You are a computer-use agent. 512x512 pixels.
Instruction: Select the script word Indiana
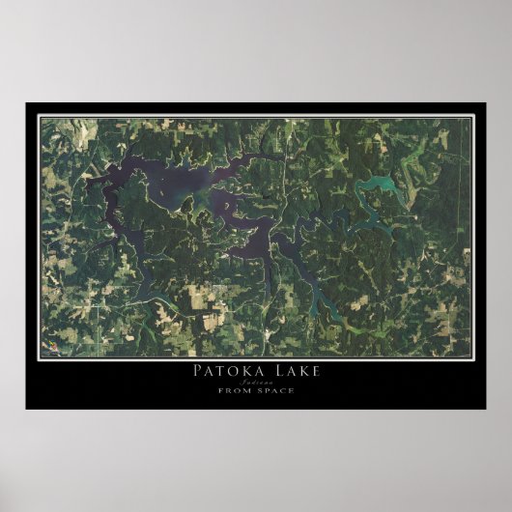click(x=256, y=383)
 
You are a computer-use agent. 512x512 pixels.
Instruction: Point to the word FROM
click(x=235, y=390)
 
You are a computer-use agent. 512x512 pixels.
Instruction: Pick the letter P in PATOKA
click(x=198, y=372)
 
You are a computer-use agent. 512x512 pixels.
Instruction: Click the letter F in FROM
click(x=222, y=390)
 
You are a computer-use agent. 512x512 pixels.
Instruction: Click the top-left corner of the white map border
click(x=39, y=117)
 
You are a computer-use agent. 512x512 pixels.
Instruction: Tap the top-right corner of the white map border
click(x=472, y=117)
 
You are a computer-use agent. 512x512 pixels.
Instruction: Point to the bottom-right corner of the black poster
click(x=486, y=409)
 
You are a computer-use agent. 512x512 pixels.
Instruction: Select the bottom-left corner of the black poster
click(x=26, y=409)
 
